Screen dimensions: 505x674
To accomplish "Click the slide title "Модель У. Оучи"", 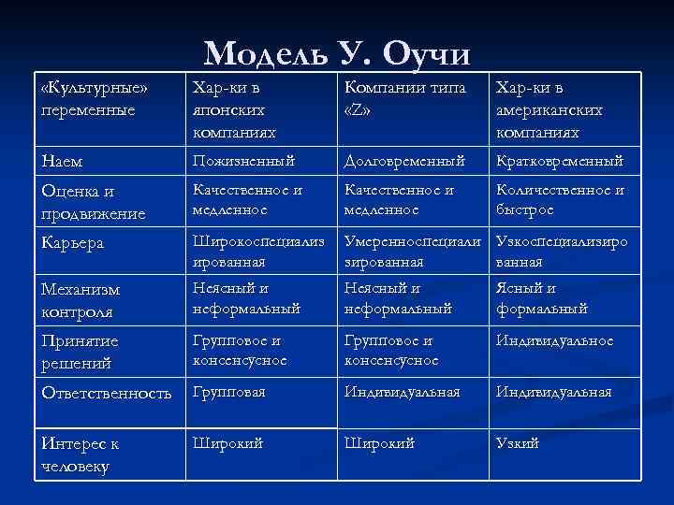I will [x=337, y=54].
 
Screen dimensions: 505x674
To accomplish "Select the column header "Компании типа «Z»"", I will [x=398, y=97].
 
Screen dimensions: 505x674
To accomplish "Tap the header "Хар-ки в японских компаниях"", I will [x=238, y=110].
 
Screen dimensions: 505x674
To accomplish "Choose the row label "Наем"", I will [x=63, y=162].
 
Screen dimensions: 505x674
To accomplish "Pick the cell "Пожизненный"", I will [x=243, y=161].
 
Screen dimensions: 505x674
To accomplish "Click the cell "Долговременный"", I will [x=404, y=161].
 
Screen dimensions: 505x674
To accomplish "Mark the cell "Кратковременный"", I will [x=559, y=161].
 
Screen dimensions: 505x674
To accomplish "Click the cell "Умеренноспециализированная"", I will [x=413, y=252].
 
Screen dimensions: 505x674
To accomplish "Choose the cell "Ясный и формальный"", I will [x=542, y=297].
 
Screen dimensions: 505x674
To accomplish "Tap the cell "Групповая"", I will [x=229, y=392].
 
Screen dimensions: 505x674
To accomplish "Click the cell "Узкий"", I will [x=518, y=442].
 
